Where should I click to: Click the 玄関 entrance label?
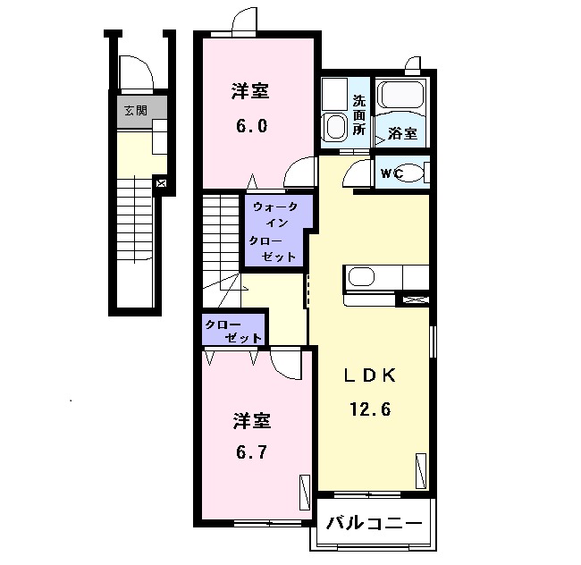click(x=136, y=110)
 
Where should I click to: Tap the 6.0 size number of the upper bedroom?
click(x=251, y=126)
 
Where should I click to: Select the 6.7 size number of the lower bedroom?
click(x=251, y=452)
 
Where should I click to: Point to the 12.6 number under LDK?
click(x=371, y=409)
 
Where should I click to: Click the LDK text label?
click(x=370, y=375)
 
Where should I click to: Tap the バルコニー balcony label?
click(x=374, y=524)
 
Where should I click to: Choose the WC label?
click(x=392, y=173)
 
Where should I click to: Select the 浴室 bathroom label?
click(x=402, y=133)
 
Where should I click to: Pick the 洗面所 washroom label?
click(x=358, y=115)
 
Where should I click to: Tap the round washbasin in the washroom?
click(x=335, y=126)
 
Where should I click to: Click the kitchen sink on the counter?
click(x=361, y=277)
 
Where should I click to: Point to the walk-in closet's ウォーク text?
click(x=275, y=207)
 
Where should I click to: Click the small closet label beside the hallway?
click(x=233, y=331)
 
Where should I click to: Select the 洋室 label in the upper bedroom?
click(x=250, y=91)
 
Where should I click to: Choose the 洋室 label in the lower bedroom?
click(x=252, y=421)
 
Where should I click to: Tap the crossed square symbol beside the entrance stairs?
click(x=162, y=183)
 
